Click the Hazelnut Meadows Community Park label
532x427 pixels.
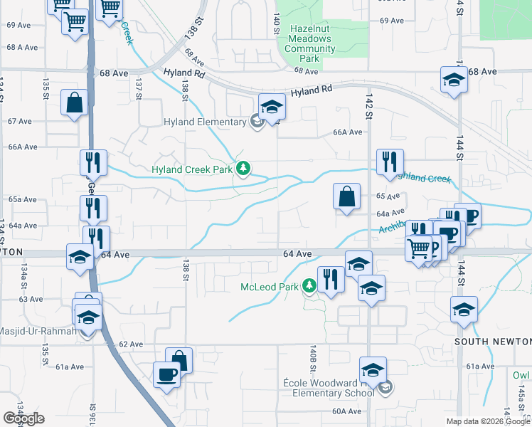309,38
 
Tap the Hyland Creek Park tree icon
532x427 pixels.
244,169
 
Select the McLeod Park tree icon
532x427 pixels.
309,286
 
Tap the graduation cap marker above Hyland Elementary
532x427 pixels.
271,107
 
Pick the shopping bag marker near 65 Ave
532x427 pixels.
346,196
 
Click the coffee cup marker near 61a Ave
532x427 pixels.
167,374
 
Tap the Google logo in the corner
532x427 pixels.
23,418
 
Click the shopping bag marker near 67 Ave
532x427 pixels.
75,103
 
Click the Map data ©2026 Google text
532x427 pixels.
488,421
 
